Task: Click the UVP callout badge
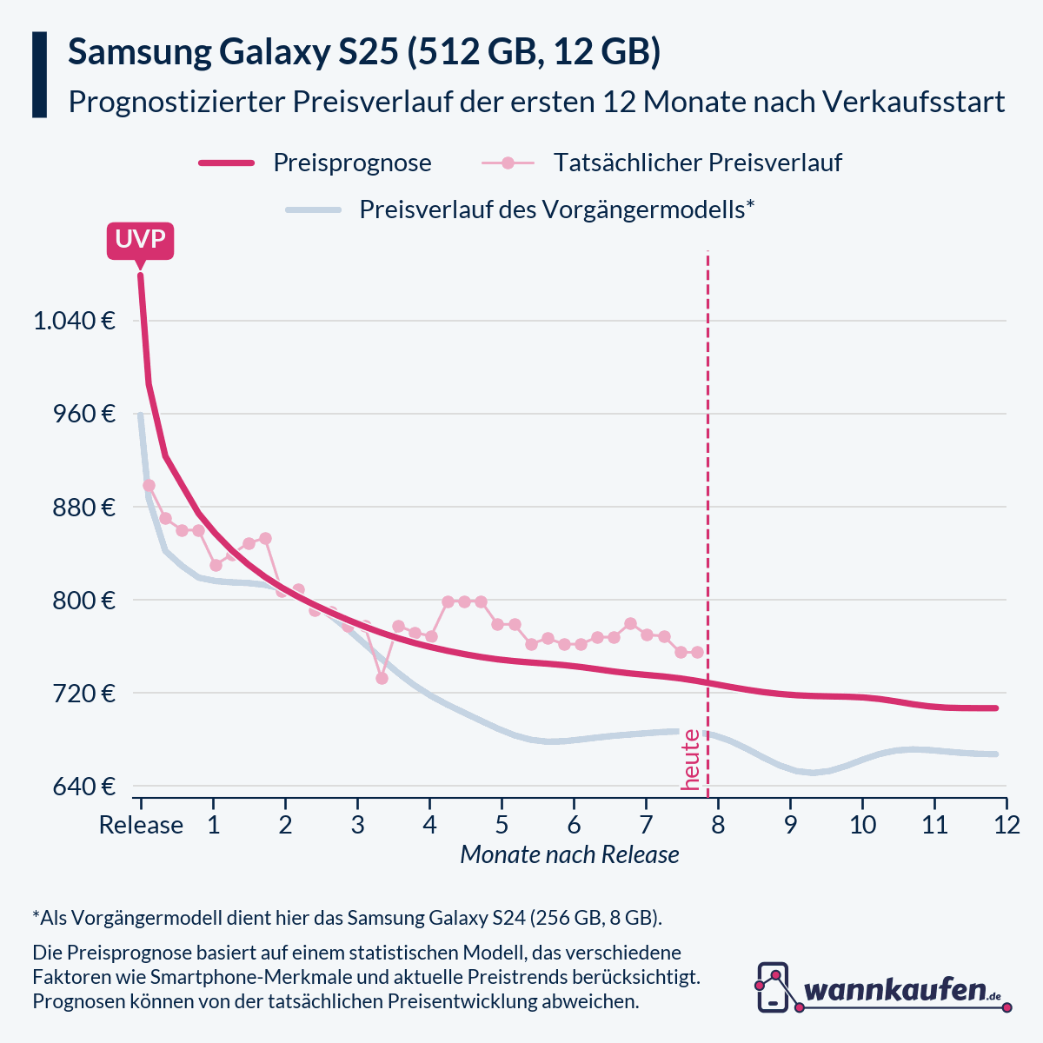click(x=140, y=240)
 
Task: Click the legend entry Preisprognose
click(x=352, y=163)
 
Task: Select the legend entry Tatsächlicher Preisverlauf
click(x=697, y=163)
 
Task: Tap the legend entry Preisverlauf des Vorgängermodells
click(x=556, y=209)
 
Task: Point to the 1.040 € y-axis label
click(x=75, y=321)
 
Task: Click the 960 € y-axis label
click(x=83, y=414)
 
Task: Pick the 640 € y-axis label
click(x=83, y=787)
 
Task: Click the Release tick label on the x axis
click(x=141, y=824)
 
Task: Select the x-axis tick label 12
click(x=1006, y=824)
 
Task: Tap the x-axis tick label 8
click(x=718, y=824)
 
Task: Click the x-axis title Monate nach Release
click(x=569, y=855)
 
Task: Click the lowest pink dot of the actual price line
click(x=382, y=678)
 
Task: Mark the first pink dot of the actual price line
click(x=149, y=485)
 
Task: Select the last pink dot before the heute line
click(x=697, y=652)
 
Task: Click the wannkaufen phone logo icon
click(x=773, y=987)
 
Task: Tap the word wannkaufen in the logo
click(x=895, y=990)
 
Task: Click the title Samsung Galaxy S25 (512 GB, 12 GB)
click(x=364, y=53)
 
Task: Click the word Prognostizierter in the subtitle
click(x=176, y=102)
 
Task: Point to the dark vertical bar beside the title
click(x=39, y=75)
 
